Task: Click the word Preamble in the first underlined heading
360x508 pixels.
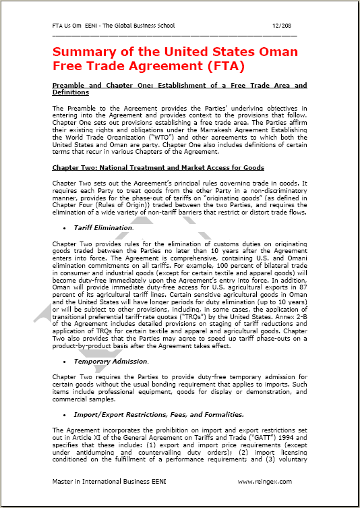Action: pyautogui.click(x=72, y=86)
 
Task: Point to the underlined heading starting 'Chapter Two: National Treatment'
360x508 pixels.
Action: pyautogui.click(x=158, y=167)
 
